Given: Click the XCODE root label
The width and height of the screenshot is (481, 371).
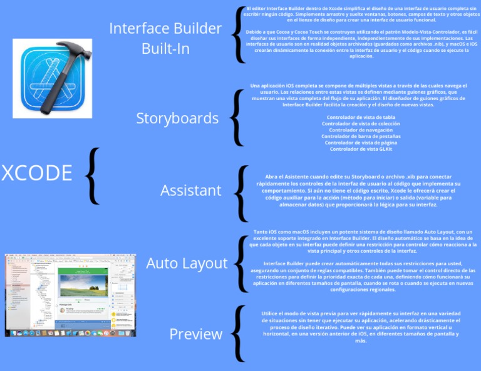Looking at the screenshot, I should click(36, 173).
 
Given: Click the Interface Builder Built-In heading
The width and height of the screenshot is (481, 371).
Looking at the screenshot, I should click(165, 38).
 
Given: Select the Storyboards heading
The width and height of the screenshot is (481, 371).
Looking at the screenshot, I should click(177, 118).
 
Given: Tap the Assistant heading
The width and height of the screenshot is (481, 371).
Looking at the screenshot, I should click(190, 190).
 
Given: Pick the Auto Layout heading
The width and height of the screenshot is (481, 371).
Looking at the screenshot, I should click(187, 263).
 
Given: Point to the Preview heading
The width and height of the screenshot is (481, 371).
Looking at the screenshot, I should click(195, 334).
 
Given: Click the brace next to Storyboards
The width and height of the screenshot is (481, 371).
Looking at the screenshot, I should click(237, 117).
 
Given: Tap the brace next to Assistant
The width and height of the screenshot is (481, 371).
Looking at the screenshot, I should click(239, 190).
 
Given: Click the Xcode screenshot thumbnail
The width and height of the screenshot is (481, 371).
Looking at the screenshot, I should click(70, 295).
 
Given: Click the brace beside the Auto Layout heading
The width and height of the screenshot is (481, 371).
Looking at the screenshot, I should click(238, 263).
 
